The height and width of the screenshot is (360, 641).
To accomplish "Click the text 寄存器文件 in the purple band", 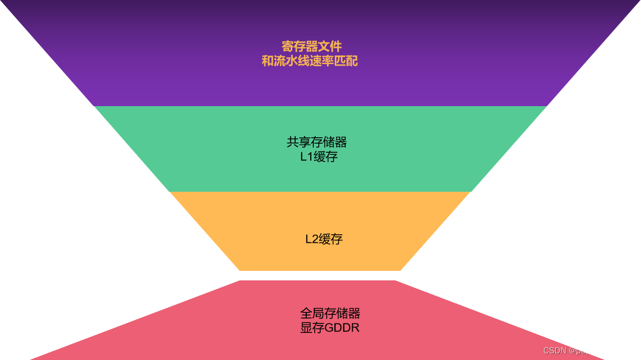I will pyautogui.click(x=311, y=47).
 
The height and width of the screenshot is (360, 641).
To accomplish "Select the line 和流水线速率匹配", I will pyautogui.click(x=310, y=61).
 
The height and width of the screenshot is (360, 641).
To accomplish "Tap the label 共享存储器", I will pyautogui.click(x=317, y=142).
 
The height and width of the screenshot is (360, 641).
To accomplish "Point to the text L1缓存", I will pyautogui.click(x=319, y=157).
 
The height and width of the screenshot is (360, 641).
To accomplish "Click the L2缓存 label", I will pyautogui.click(x=324, y=239).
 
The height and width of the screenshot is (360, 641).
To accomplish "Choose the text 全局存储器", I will pyautogui.click(x=330, y=313).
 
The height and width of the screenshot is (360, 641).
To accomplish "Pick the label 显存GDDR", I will pyautogui.click(x=330, y=328).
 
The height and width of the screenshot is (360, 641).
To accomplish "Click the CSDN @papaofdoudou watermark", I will pyautogui.click(x=588, y=350).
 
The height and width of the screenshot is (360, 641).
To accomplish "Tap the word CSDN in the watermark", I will pyautogui.click(x=554, y=350).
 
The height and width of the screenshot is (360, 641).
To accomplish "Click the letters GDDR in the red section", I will pyautogui.click(x=342, y=328).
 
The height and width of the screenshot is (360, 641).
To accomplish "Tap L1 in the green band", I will pyautogui.click(x=306, y=157).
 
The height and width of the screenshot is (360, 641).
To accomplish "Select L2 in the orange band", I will pyautogui.click(x=311, y=239).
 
